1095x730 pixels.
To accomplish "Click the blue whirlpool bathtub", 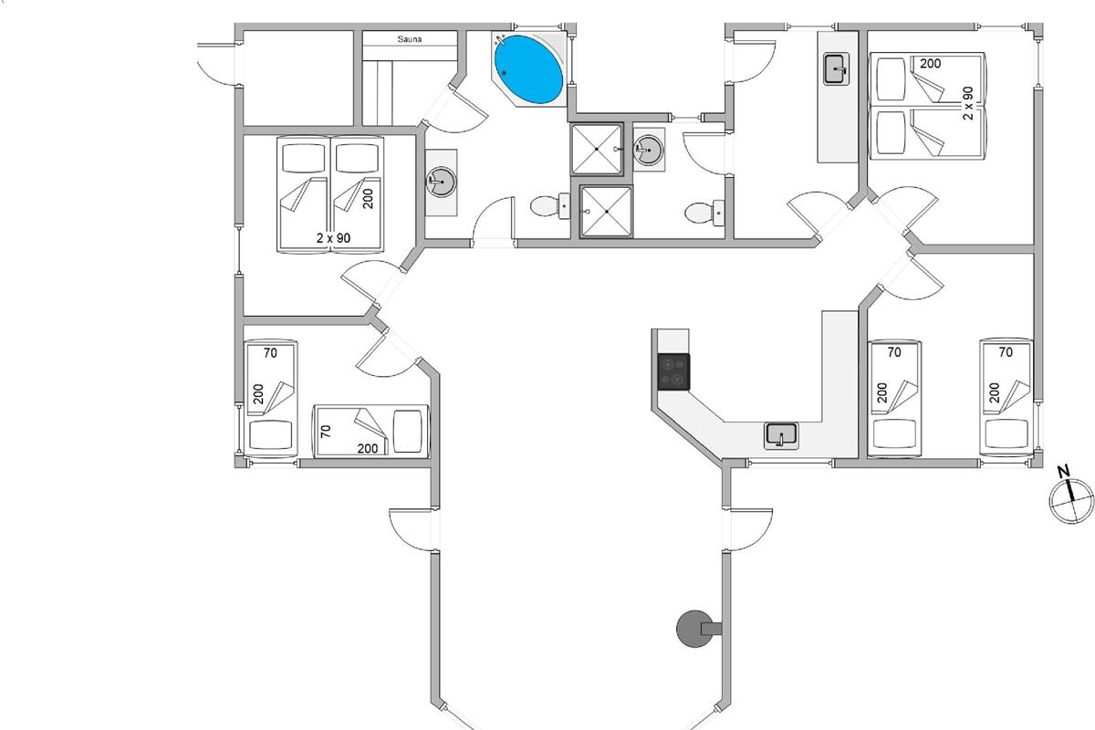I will pos(527,69).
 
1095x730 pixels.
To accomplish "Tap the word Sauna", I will pos(409,39).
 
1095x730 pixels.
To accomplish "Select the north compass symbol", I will pos(1070,500).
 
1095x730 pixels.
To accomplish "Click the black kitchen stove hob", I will pos(673,371).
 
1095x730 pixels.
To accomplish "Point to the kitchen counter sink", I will pos(781,435).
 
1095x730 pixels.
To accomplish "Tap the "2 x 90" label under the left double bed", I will pos(334,238).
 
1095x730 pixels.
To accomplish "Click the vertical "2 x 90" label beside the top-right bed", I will pos(968,103).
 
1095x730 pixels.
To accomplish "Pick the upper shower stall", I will pos(596,149).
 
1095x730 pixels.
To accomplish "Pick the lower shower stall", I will pos(605,211).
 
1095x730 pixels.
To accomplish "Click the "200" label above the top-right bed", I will pos(930,64).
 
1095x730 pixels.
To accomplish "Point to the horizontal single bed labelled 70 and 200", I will pos(370,430).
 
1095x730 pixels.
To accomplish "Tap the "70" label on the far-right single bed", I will pos(1006,351).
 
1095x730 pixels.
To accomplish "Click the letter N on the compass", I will pos(1062,472).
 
